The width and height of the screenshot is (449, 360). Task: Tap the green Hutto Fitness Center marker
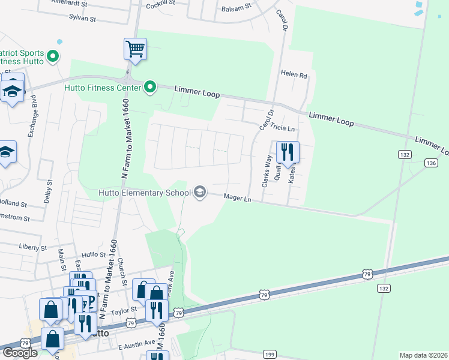pos(150,88)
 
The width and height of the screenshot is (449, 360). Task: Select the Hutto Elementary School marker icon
pos(200,193)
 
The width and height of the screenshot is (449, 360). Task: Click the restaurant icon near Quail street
pos(287,152)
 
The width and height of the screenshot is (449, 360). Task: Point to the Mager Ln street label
pos(237,197)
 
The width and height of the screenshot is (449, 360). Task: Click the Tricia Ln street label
pos(283,128)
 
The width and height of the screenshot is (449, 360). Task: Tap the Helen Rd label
pos(294,76)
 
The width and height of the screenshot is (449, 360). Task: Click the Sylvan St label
pos(82,19)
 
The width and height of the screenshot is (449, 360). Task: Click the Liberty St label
pos(33,247)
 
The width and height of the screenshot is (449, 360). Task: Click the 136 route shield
pos(430,163)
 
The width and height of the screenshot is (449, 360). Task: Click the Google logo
pos(20,352)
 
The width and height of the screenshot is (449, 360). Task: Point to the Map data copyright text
pos(423,355)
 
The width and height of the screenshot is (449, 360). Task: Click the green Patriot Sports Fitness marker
pos(53,57)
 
